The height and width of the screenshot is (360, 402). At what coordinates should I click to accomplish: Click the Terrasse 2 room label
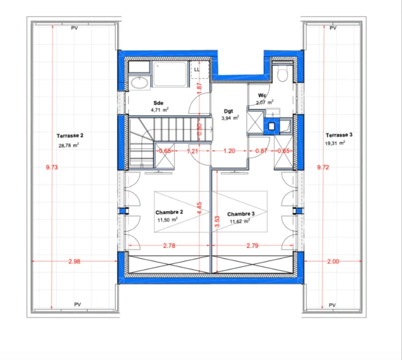tap(70, 136)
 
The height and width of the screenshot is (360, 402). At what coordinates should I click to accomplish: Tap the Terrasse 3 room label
tap(339, 135)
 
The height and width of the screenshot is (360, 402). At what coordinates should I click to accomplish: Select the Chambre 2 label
tap(169, 212)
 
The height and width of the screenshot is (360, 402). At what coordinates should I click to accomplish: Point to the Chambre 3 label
tap(241, 214)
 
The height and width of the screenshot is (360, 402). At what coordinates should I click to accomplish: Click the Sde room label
tap(158, 103)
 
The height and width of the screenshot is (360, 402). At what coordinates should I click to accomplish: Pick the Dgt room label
tap(229, 111)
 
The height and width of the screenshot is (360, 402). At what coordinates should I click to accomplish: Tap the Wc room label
tap(262, 95)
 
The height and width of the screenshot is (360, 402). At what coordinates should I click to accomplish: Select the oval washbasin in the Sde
tap(139, 83)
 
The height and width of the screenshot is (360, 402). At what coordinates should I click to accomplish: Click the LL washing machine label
tap(197, 70)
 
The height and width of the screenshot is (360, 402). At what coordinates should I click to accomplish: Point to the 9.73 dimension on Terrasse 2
tap(52, 167)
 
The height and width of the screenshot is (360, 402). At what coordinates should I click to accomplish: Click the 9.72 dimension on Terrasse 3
tap(323, 167)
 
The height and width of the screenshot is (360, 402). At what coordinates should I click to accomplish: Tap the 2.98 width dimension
tap(74, 261)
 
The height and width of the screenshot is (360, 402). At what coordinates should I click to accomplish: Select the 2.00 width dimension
tap(333, 261)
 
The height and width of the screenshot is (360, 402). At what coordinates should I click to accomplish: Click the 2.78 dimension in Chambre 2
tap(169, 245)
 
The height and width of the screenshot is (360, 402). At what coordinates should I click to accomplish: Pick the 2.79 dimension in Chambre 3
tap(253, 245)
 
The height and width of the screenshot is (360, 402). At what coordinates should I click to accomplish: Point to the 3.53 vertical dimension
tap(217, 221)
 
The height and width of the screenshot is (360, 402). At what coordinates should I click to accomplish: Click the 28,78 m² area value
tap(69, 145)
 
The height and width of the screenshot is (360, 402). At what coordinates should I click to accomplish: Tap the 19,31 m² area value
tap(335, 143)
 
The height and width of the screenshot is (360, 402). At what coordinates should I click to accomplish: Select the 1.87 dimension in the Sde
tap(200, 88)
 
